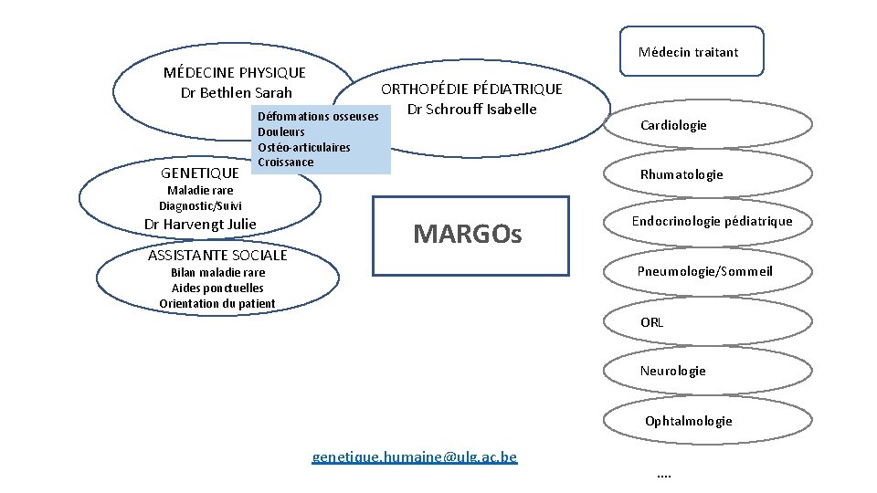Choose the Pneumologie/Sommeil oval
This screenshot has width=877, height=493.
click(706, 271)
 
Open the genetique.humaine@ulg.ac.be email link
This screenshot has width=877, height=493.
click(414, 456)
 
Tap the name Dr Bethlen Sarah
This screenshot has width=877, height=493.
click(237, 92)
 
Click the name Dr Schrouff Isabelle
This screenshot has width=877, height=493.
click(471, 110)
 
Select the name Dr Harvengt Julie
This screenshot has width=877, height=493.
click(201, 224)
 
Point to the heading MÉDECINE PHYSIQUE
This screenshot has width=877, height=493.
click(234, 72)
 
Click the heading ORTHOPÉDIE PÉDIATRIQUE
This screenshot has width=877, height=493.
click(471, 89)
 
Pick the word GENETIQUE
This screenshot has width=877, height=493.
click(199, 173)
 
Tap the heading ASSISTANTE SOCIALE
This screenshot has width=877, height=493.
click(217, 255)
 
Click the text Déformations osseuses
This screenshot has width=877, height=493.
click(318, 117)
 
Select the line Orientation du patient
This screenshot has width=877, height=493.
click(217, 303)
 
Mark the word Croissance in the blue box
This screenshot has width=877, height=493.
click(286, 163)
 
